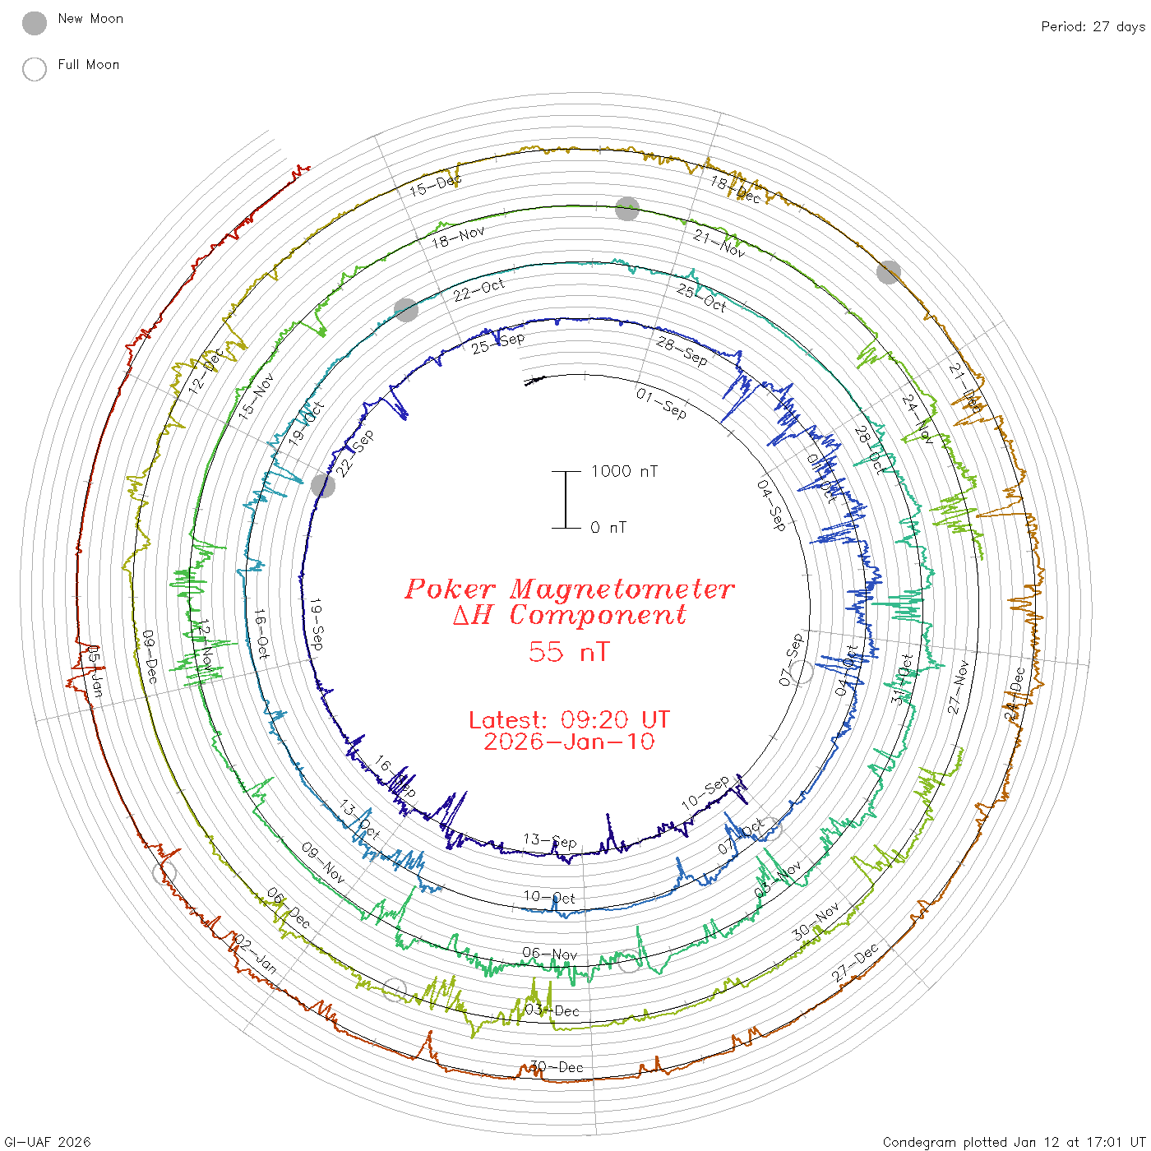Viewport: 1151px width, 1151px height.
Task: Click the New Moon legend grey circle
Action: coord(35,23)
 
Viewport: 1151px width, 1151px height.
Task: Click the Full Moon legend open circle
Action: coord(35,69)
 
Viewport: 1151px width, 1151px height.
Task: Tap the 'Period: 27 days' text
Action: coord(1093,26)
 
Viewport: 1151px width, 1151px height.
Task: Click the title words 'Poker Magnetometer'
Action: coord(569,589)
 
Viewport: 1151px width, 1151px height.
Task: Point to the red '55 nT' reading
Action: coord(569,652)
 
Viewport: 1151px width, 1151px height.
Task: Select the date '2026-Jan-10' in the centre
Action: coord(569,742)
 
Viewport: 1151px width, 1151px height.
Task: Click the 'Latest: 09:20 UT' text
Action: coord(569,720)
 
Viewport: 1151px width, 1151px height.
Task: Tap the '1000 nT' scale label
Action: coord(624,471)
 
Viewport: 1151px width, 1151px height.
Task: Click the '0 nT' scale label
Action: coord(608,527)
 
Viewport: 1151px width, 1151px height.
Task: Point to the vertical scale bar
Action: coord(566,499)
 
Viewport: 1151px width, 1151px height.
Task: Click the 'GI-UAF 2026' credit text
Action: coord(46,1142)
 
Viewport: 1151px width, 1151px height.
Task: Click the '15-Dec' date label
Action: coord(436,185)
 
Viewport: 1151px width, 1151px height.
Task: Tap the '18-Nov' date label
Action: coord(458,238)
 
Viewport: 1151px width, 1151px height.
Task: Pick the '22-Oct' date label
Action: coord(478,289)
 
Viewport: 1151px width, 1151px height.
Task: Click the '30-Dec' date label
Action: coord(557,1067)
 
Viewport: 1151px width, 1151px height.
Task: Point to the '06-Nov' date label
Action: coord(550,954)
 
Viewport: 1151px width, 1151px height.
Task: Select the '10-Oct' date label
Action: coord(549,897)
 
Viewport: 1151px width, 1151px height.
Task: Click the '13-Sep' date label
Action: coord(550,840)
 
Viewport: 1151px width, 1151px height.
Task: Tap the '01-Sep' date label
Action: coord(661,403)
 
